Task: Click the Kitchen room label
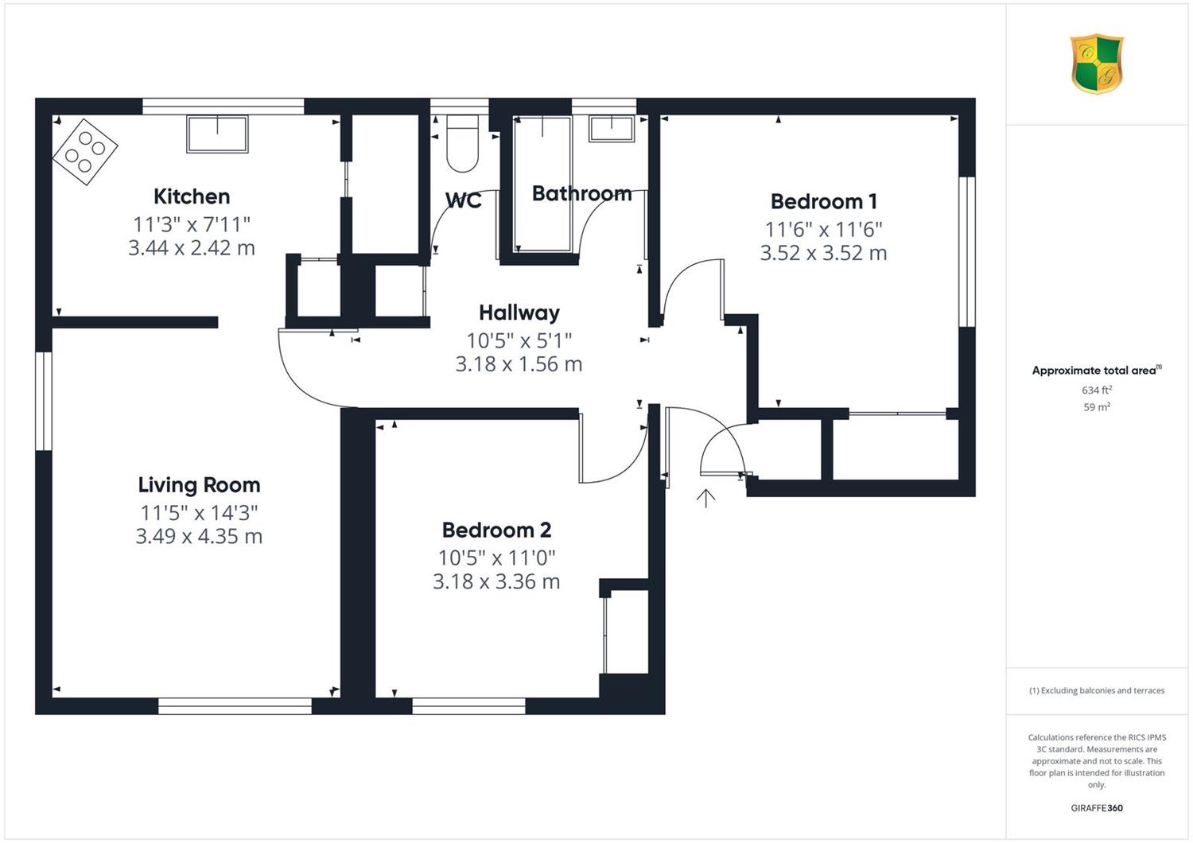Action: point(192,196)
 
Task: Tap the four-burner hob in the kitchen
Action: point(85,152)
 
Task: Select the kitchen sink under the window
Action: point(217,134)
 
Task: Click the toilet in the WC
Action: point(462,144)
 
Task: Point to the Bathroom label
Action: point(581,193)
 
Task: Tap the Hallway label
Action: point(519,313)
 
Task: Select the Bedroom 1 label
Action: point(823,201)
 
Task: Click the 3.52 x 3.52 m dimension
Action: point(823,252)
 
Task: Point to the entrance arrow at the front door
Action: point(705,498)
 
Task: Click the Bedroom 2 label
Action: point(496,530)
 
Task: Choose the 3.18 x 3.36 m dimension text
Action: point(496,581)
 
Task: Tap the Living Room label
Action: point(199,484)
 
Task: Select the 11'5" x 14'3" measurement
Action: point(199,512)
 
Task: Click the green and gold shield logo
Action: point(1097,64)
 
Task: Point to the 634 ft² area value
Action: point(1097,390)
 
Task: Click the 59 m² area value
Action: point(1097,407)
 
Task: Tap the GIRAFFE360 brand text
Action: point(1097,808)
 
